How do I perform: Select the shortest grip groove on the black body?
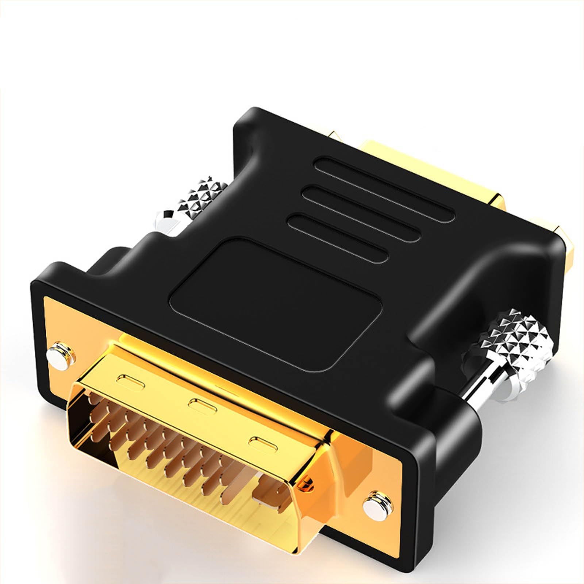coord(338,238)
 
